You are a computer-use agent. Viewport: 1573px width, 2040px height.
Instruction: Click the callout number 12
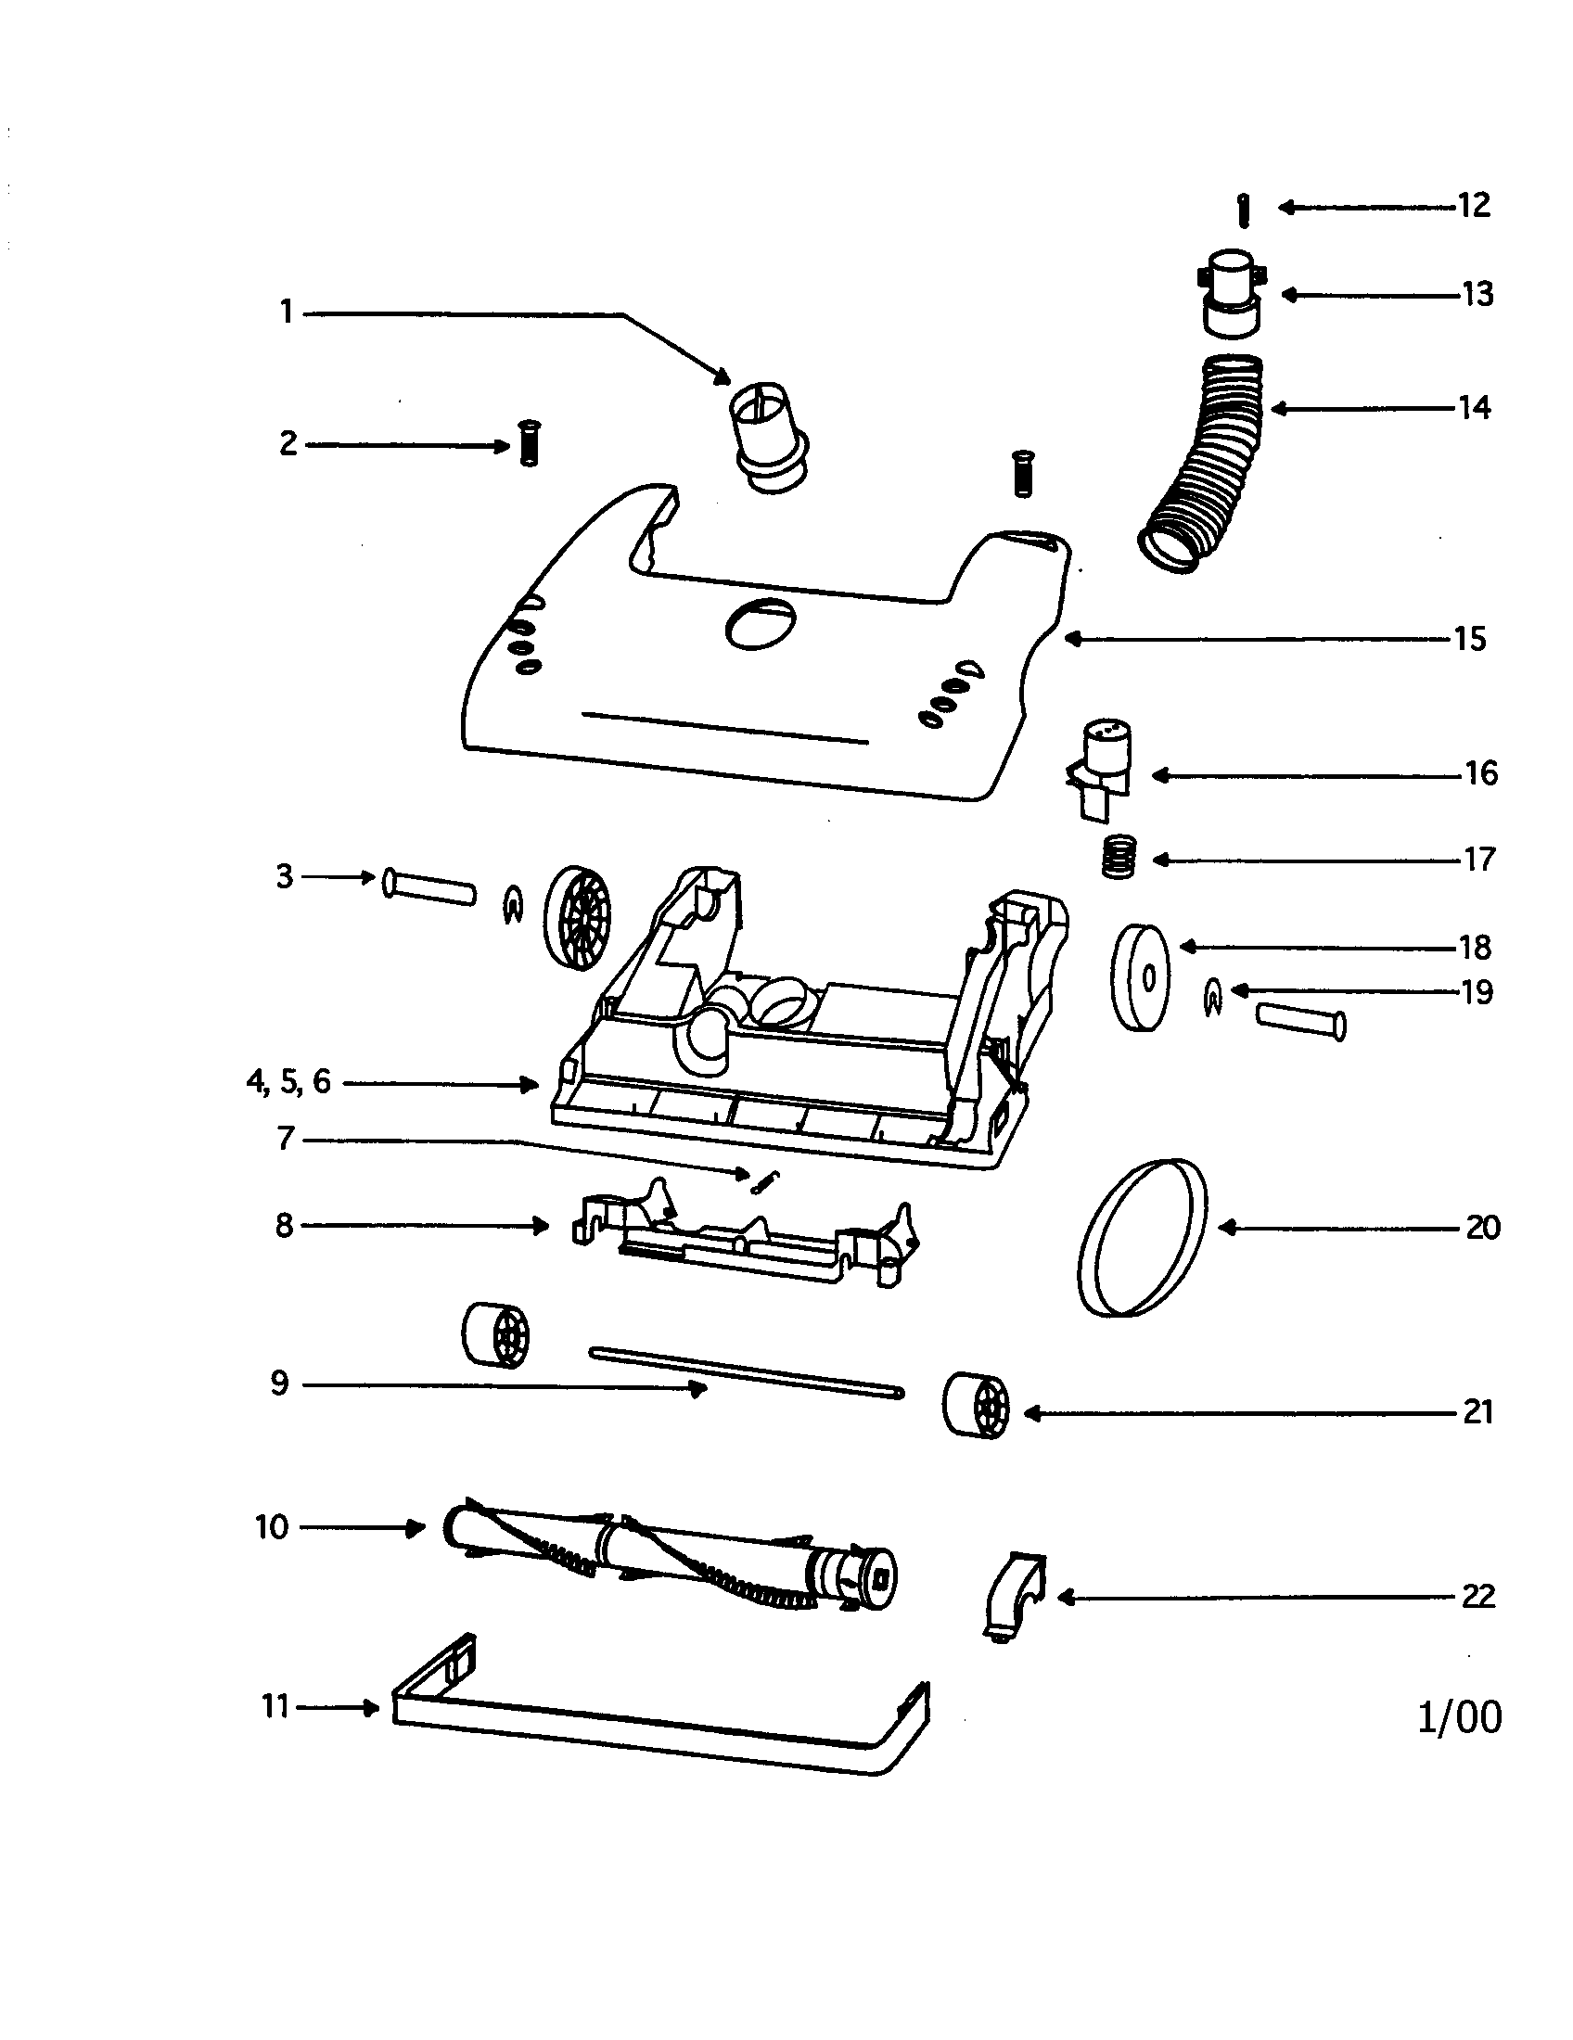pyautogui.click(x=1474, y=205)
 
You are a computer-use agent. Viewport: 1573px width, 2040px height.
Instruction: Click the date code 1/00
pyautogui.click(x=1459, y=1715)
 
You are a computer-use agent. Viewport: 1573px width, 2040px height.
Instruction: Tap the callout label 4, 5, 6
pyautogui.click(x=288, y=1081)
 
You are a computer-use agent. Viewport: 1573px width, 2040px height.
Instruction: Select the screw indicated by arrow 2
pyautogui.click(x=530, y=443)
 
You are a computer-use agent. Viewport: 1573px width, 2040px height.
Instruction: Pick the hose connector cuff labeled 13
pyautogui.click(x=1229, y=293)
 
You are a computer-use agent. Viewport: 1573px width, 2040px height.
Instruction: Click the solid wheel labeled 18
pyautogui.click(x=1140, y=976)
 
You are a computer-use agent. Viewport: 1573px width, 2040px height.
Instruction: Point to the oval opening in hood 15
pyautogui.click(x=761, y=623)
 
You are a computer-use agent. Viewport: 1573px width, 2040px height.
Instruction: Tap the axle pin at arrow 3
pyautogui.click(x=428, y=885)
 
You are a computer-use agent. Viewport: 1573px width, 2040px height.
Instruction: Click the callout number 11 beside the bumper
pyautogui.click(x=275, y=1706)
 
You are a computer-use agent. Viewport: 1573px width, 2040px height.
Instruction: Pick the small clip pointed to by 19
pyautogui.click(x=1211, y=1000)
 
